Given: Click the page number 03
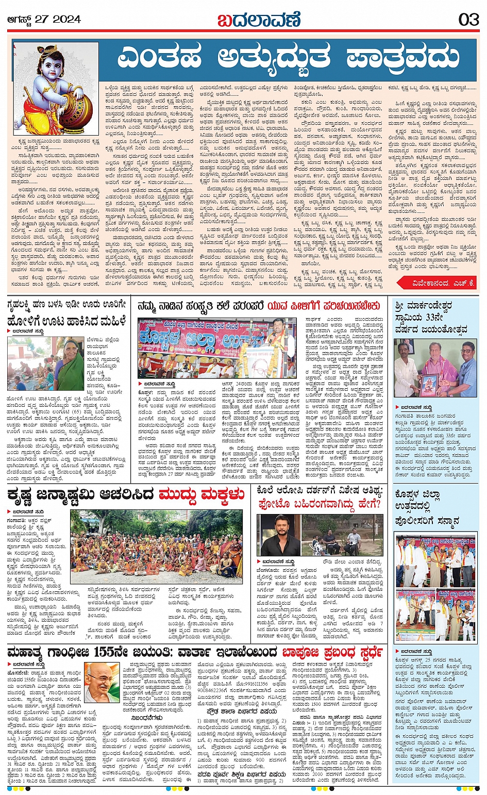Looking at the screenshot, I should tap(468, 20).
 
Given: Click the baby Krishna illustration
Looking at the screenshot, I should tap(56, 88).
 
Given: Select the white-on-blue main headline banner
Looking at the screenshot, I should tap(289, 57).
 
